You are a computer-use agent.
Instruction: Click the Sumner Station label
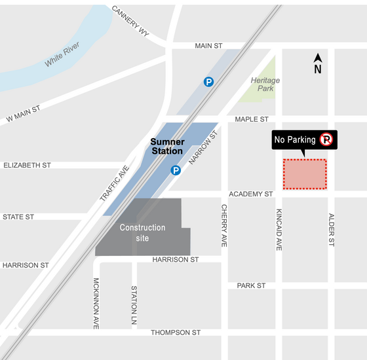(166, 146)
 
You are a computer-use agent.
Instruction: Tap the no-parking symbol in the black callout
(326, 139)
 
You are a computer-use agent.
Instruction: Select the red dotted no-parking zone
(305, 174)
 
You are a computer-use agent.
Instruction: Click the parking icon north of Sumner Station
(208, 82)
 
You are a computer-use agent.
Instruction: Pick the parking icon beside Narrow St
(176, 171)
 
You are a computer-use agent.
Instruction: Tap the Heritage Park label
(265, 84)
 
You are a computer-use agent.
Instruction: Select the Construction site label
(142, 232)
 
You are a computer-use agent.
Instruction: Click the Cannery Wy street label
(130, 22)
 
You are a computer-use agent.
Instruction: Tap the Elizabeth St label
(27, 166)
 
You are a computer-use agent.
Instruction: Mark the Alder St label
(332, 228)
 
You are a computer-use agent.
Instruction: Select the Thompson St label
(175, 333)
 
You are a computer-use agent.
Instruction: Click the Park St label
(251, 286)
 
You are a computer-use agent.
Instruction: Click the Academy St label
(250, 194)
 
